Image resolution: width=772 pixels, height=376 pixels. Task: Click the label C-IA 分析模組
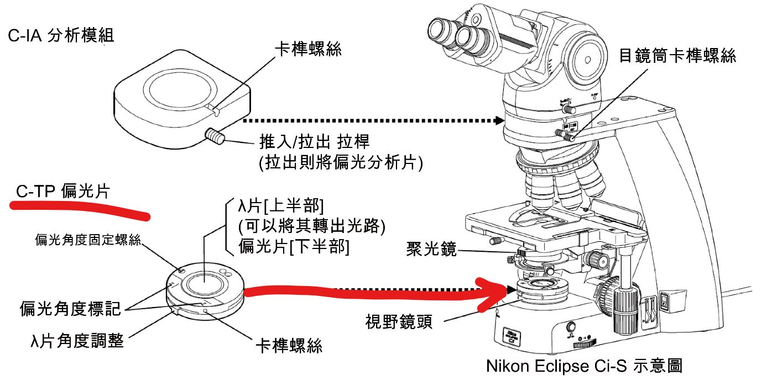click(61, 36)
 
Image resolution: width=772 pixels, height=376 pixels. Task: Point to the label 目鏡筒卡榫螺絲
click(677, 56)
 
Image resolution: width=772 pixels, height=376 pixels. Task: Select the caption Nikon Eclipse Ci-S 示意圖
click(585, 366)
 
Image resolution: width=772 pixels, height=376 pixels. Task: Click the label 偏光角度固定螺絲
click(88, 239)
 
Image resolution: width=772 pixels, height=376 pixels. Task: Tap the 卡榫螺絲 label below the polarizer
click(288, 346)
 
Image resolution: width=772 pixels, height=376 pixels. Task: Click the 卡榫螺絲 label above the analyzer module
click(308, 49)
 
